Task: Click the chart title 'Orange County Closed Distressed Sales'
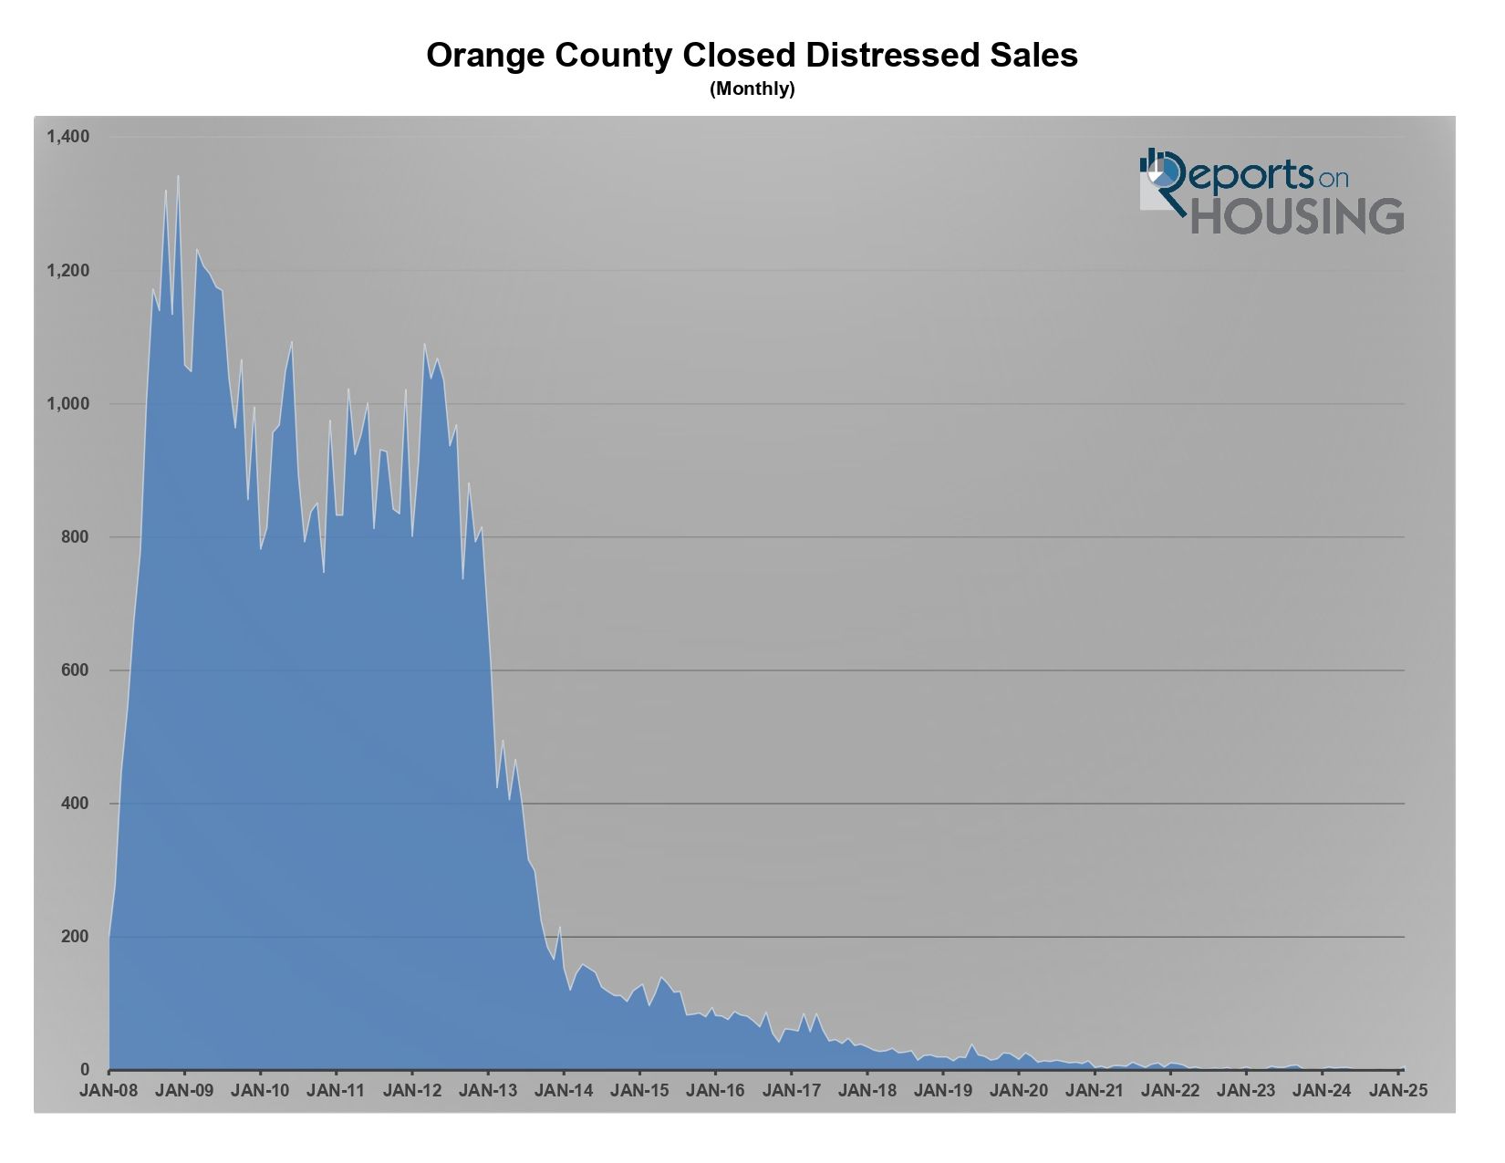[x=752, y=56]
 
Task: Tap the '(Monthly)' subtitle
[x=752, y=89]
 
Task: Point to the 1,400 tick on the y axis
[x=67, y=137]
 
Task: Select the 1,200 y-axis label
[x=67, y=271]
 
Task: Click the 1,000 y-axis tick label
[x=67, y=404]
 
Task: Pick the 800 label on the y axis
[x=74, y=537]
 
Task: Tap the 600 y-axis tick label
[x=74, y=670]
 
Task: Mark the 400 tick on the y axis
[x=74, y=804]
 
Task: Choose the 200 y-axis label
[x=74, y=937]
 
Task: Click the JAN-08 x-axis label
[x=109, y=1090]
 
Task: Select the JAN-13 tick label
[x=488, y=1090]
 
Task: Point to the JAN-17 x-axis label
[x=791, y=1090]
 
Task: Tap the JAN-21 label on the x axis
[x=1095, y=1090]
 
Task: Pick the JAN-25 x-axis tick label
[x=1397, y=1090]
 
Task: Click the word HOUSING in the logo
[x=1297, y=215]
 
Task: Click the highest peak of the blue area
[x=178, y=177]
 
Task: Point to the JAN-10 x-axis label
[x=260, y=1090]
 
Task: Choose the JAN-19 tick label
[x=943, y=1090]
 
